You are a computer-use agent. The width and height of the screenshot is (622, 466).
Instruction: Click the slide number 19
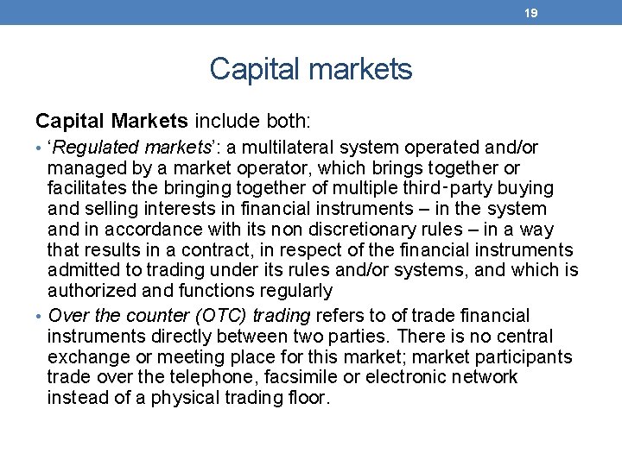pyautogui.click(x=532, y=12)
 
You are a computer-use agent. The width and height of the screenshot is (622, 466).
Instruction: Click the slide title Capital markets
pyautogui.click(x=311, y=69)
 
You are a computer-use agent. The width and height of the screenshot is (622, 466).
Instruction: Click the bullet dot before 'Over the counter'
pyautogui.click(x=40, y=317)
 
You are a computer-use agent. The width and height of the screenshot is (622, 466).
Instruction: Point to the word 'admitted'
pyautogui.click(x=84, y=271)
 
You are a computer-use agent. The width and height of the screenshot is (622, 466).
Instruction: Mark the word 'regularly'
pyautogui.click(x=292, y=292)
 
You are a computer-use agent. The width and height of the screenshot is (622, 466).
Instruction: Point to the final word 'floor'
pyautogui.click(x=309, y=398)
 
